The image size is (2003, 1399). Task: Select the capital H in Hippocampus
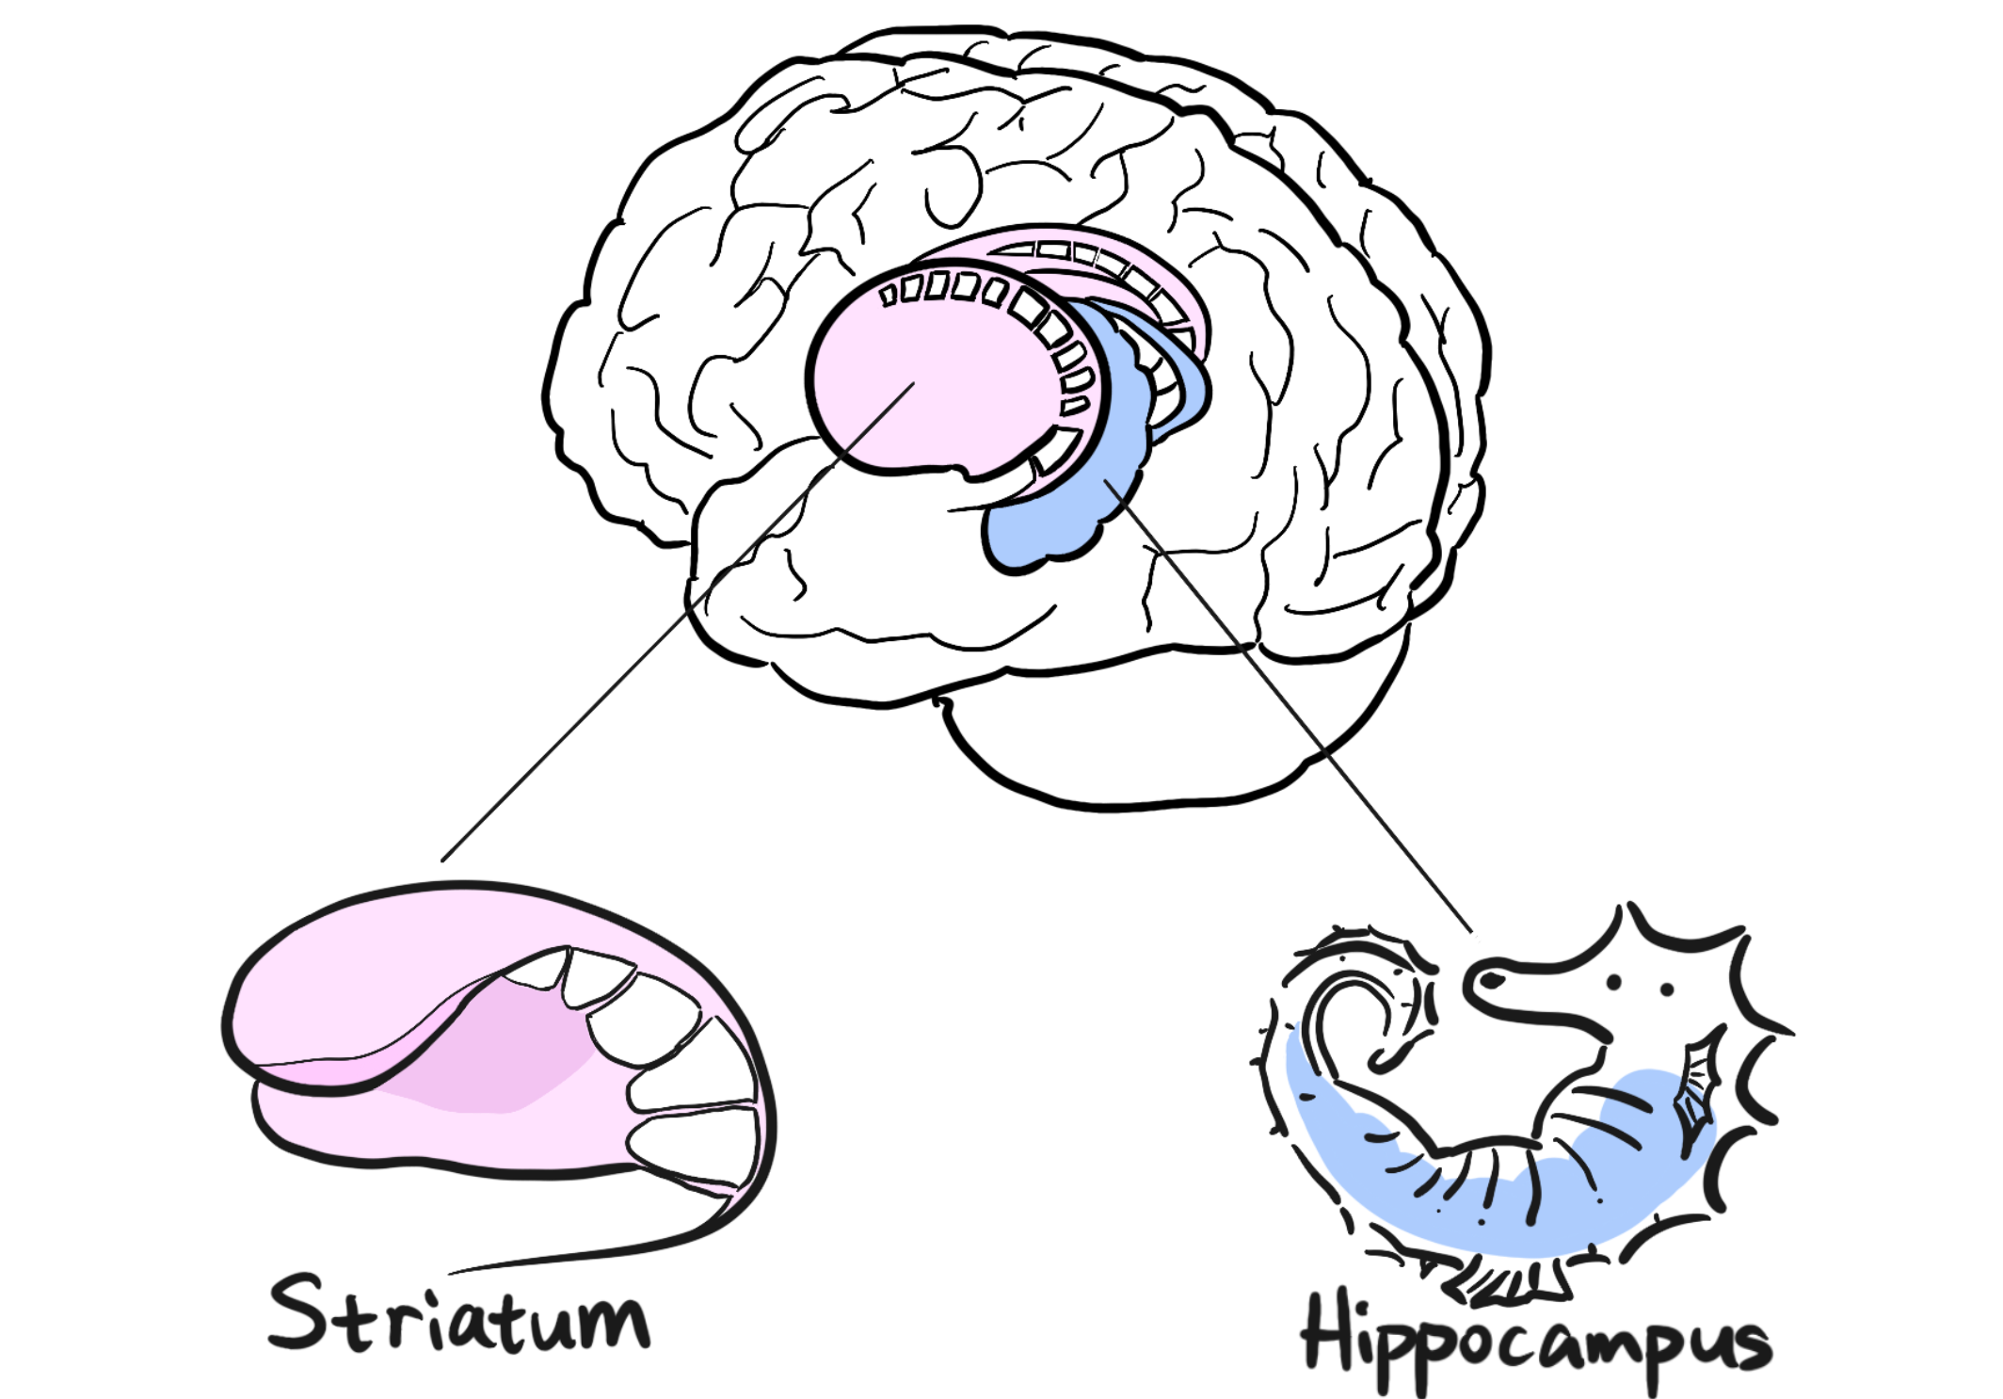coord(1332,1333)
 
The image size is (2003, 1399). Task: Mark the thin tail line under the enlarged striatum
coord(602,1252)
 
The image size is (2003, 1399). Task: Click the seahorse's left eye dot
coord(1613,983)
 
